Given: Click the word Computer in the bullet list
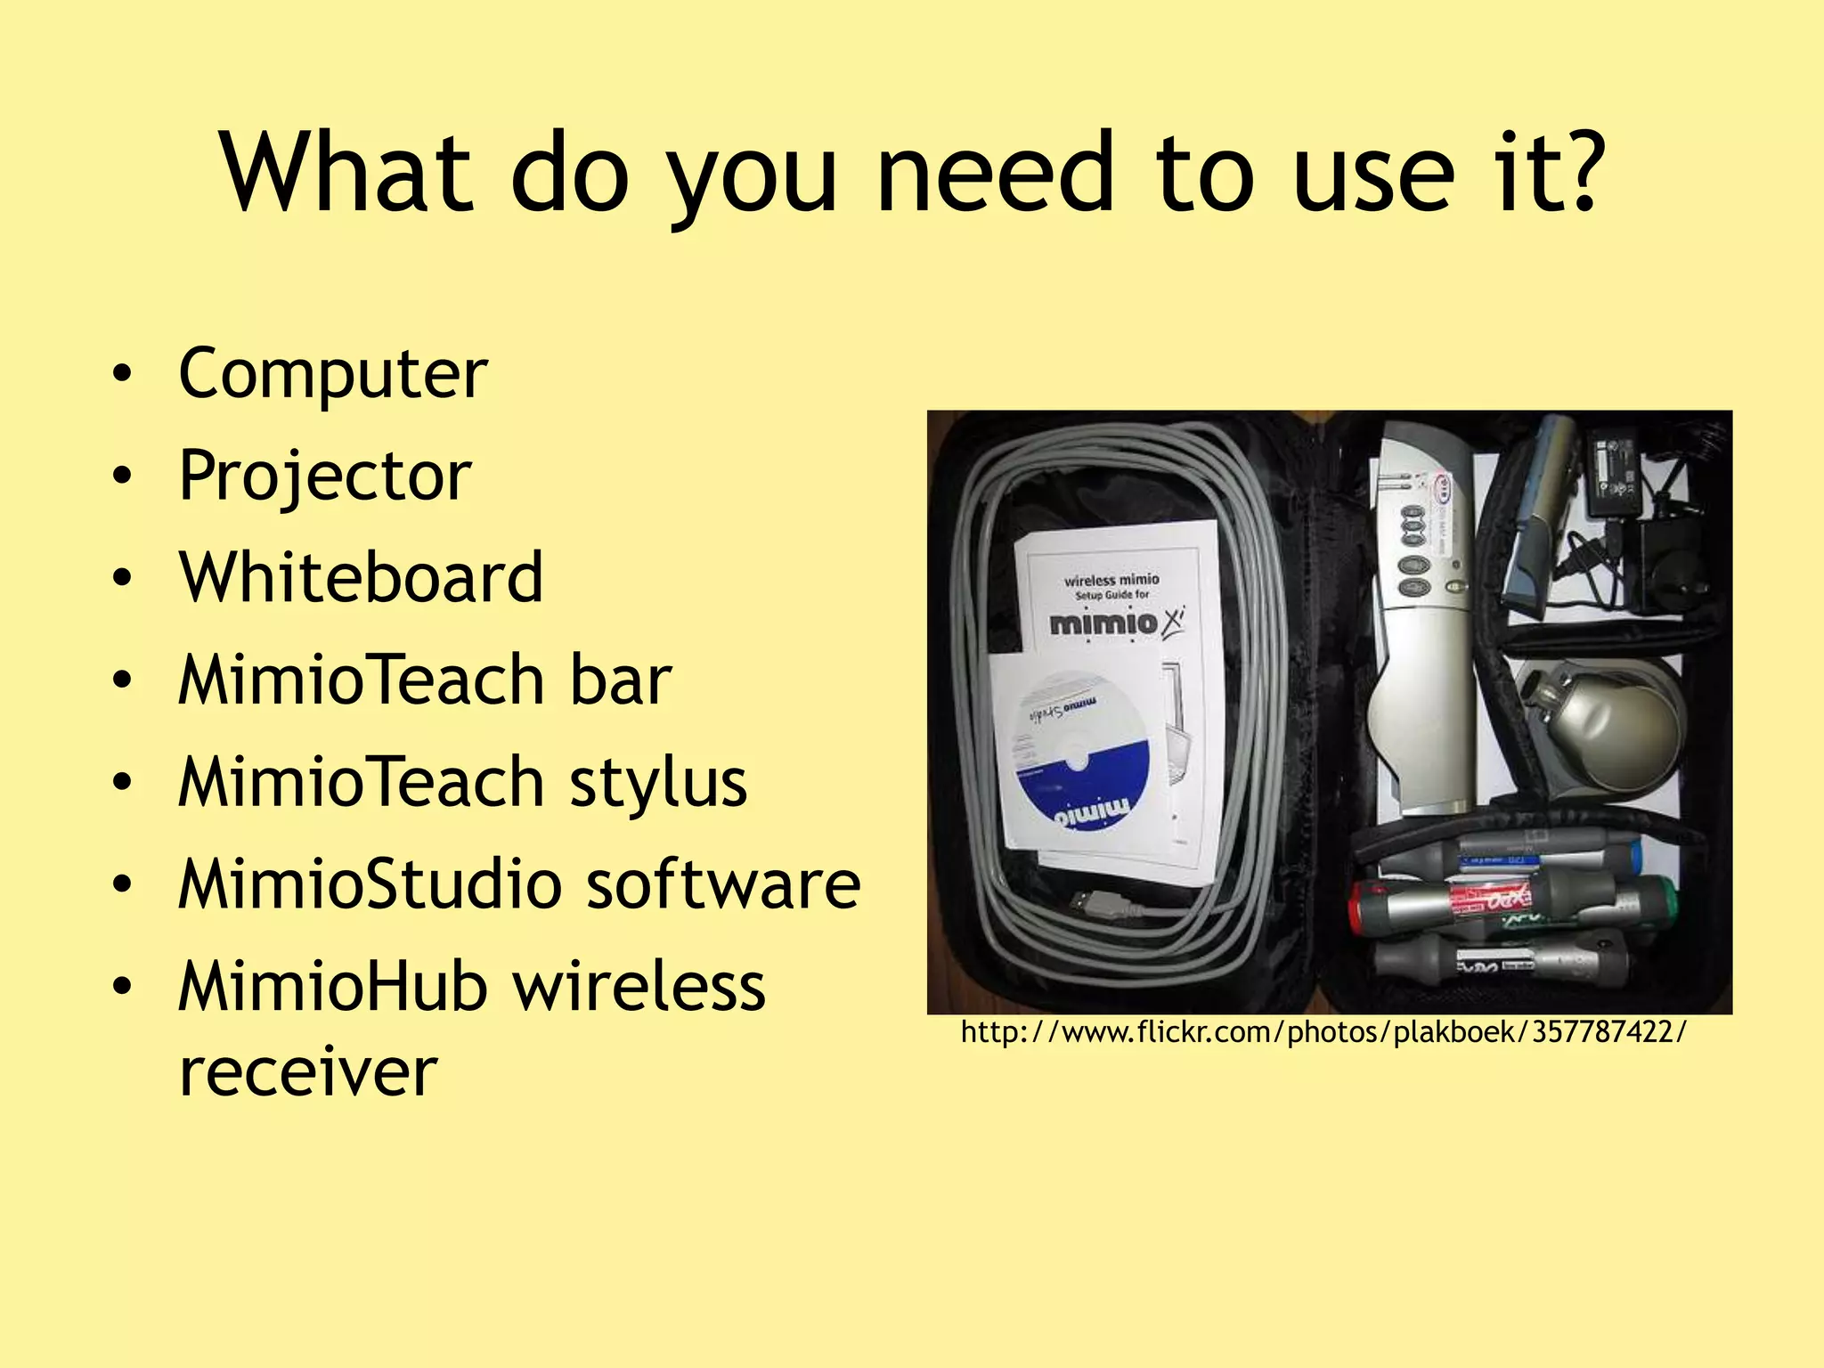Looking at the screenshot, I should coord(332,374).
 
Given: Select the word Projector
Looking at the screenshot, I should coord(324,476).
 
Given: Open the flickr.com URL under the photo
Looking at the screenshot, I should coord(1323,1032).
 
